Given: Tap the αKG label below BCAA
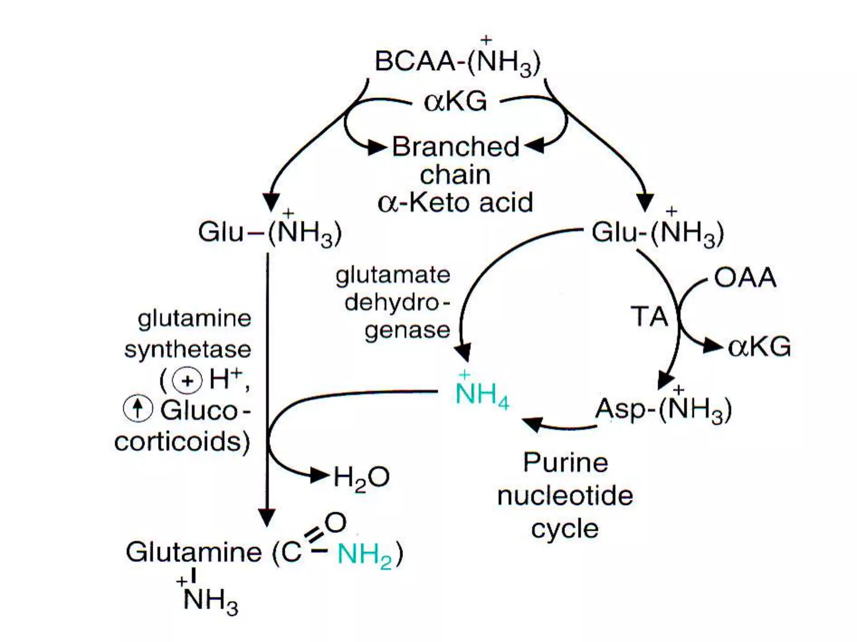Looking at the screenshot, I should coord(455,102).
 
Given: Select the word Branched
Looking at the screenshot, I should coord(455,147).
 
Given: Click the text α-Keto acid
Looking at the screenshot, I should coord(455,203).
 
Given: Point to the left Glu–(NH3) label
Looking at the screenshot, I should coord(270,232).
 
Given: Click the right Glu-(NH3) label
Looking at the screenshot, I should coord(657,232).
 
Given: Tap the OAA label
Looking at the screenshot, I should coord(745,278).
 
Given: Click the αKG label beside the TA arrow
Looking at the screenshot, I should coord(759,347).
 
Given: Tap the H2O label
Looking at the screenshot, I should coord(361,477).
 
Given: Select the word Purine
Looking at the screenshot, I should coord(565,463).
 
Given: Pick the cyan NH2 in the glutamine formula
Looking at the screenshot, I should coord(364,555).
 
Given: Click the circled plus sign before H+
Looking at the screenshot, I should coord(187,380).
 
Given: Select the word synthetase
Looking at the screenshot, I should coord(188,349).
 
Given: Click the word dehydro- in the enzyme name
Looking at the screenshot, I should coord(397,303).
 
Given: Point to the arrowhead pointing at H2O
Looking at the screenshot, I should coord(318,476).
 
